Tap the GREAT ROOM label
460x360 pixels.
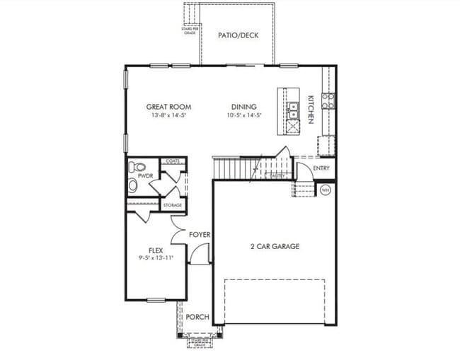coord(168,107)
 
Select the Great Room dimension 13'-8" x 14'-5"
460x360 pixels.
coord(168,115)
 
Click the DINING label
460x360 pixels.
coord(241,107)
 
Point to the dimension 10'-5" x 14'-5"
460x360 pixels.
coord(244,115)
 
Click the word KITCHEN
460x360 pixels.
coord(310,110)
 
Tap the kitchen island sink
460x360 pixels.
coord(292,110)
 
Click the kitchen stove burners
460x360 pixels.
coord(328,101)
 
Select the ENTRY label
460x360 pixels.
coord(321,168)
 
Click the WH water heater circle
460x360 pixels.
coord(326,190)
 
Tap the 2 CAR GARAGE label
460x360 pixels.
coord(275,246)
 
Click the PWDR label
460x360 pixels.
coord(146,175)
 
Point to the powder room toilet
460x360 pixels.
coord(133,185)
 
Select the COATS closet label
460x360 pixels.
coord(173,161)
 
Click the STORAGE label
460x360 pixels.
coord(173,205)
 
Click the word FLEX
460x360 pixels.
coord(156,250)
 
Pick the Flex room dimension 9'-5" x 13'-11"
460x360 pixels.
coord(156,259)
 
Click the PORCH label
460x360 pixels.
coord(197,317)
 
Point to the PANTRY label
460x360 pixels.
coord(277,176)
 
